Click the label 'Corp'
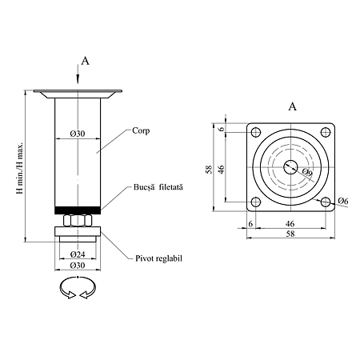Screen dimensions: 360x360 pyautogui.click(x=141, y=130)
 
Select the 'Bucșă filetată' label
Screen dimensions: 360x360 pyautogui.click(x=158, y=187)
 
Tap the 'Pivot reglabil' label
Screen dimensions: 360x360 pyautogui.click(x=158, y=258)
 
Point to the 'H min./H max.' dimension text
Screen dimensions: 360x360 pyautogui.click(x=20, y=168)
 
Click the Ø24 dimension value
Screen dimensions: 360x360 pyautogui.click(x=78, y=254)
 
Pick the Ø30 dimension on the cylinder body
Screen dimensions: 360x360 pyautogui.click(x=78, y=134)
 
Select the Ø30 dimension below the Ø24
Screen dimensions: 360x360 pyautogui.click(x=78, y=266)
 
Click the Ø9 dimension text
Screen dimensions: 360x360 pyautogui.click(x=307, y=172)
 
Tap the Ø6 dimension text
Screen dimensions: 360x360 pyautogui.click(x=343, y=201)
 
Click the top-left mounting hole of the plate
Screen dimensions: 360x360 pyautogui.click(x=256, y=132)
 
